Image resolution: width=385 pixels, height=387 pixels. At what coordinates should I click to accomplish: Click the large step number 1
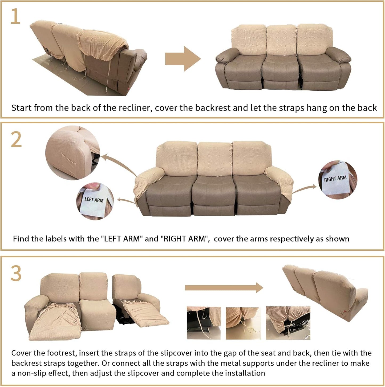coord(15,17)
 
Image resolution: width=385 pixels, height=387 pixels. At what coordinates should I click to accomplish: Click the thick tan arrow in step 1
coord(183,59)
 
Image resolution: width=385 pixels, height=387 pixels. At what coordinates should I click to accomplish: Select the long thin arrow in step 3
coord(224,288)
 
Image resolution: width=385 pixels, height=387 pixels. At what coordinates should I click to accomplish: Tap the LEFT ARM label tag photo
coord(95,201)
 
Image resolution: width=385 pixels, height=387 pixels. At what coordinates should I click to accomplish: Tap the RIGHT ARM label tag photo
coord(337,180)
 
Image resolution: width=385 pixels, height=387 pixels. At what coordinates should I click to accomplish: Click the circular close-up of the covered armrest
coord(72,152)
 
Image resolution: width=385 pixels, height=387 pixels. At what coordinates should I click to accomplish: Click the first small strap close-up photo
coord(204,323)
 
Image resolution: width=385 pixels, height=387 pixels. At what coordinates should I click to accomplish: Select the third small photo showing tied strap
coord(288,323)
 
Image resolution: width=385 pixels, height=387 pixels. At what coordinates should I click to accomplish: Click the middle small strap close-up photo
coord(243,323)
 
